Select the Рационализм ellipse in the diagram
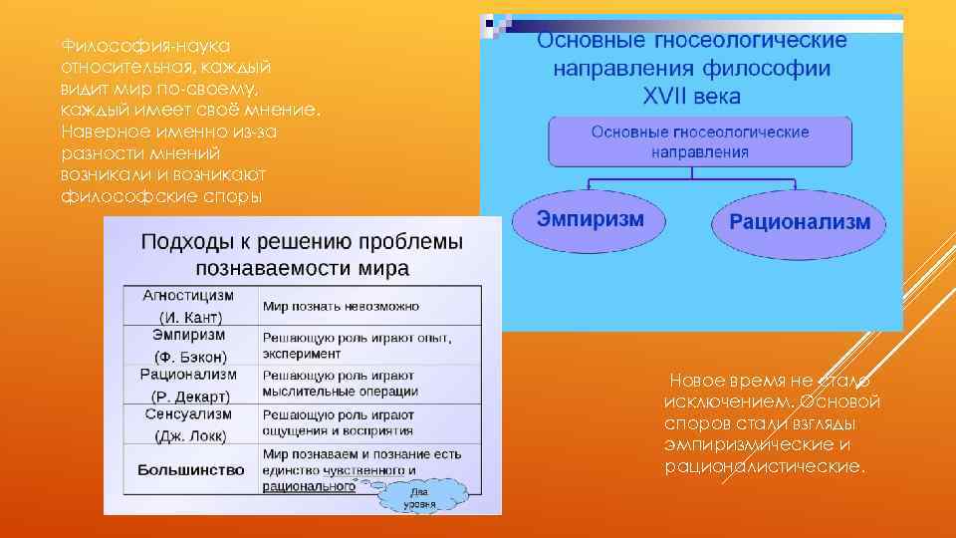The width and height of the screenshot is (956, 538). [x=800, y=222]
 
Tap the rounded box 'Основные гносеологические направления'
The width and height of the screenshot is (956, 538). [x=700, y=141]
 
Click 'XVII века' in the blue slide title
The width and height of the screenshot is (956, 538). [x=692, y=98]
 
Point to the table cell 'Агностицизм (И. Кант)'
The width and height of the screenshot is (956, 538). [x=189, y=306]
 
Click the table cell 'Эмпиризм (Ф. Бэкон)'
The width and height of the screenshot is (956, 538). [x=189, y=345]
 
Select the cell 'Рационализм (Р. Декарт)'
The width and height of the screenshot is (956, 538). [x=189, y=385]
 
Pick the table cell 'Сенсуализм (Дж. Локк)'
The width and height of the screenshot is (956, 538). [x=189, y=423]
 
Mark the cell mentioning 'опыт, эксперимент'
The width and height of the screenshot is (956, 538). [x=357, y=346]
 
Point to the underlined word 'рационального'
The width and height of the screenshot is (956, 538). [x=309, y=488]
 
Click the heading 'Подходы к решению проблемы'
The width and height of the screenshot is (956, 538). [x=302, y=242]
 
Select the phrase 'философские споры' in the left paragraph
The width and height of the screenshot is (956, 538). [x=162, y=195]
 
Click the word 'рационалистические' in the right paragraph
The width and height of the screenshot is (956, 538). [x=766, y=466]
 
